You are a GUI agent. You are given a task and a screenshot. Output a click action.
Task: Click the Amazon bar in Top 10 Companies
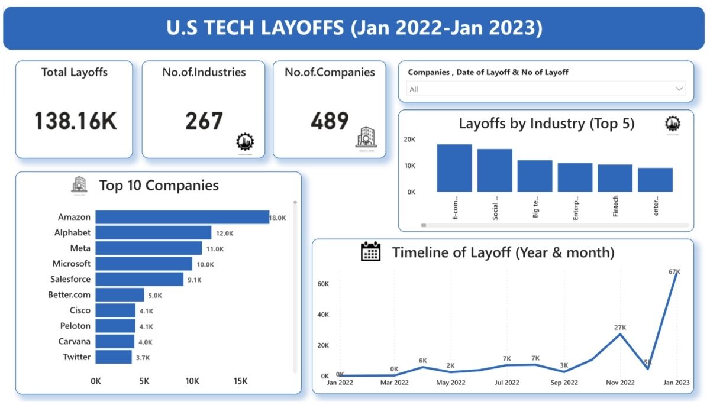point(182,218)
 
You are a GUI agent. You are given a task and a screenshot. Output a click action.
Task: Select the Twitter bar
point(114,357)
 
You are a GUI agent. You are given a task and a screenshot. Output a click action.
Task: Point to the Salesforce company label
point(71,279)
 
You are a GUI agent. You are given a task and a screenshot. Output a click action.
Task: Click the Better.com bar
point(120,294)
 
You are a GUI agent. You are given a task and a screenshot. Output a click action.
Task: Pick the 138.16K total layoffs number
point(75,121)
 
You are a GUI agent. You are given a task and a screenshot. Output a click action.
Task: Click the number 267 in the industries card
point(204,121)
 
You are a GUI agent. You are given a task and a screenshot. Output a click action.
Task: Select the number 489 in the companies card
point(329,121)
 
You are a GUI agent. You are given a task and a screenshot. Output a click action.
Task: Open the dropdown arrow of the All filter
point(679,89)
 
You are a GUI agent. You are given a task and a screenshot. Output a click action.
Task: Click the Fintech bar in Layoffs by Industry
point(615,178)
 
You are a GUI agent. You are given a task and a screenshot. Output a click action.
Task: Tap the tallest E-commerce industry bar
point(454,168)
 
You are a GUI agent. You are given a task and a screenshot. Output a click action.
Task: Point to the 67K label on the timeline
point(674,271)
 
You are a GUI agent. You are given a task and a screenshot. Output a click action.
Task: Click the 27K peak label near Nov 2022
point(620,327)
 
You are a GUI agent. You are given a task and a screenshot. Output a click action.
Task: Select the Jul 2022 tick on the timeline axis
point(507,383)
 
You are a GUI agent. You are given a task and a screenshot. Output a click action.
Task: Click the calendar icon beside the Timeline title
point(371,252)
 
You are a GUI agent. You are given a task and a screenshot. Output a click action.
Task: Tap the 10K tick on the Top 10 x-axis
point(192,381)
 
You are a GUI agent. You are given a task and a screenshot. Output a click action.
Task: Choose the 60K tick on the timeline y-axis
point(323,284)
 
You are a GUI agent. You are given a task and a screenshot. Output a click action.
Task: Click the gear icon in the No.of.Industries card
point(244,142)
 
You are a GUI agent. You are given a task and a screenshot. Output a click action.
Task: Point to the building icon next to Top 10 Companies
point(79,185)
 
